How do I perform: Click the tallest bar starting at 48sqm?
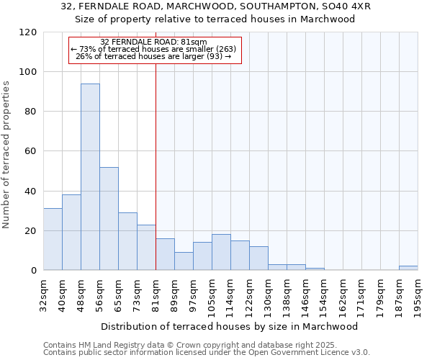90,177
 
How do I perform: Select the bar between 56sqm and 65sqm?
109,219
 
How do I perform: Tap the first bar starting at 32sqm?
53,239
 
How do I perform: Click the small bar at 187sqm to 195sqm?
408,268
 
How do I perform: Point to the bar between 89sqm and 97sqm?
184,261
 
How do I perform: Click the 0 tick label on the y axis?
33,271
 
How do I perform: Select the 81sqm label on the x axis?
156,294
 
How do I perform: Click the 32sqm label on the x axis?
44,294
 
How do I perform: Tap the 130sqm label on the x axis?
269,296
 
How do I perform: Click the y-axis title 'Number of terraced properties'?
6,154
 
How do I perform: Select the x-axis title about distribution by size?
230,326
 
